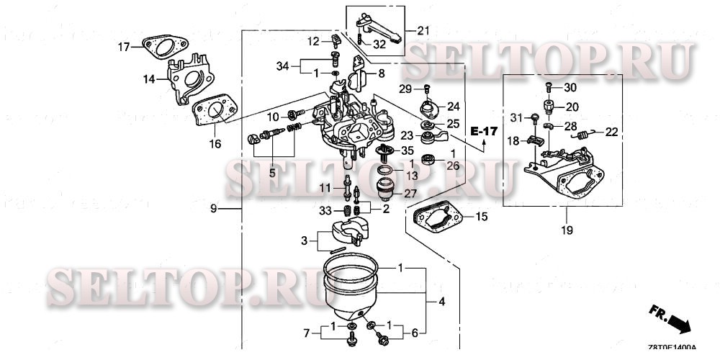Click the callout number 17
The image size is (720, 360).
(124, 48)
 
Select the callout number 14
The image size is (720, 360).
(148, 79)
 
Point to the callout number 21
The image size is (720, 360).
(422, 30)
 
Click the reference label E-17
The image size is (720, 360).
(484, 131)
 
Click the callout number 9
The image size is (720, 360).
(213, 209)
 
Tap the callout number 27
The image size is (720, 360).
(409, 193)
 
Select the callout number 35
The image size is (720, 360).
(408, 151)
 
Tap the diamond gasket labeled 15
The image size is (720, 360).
(438, 219)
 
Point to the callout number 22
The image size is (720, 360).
(611, 131)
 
